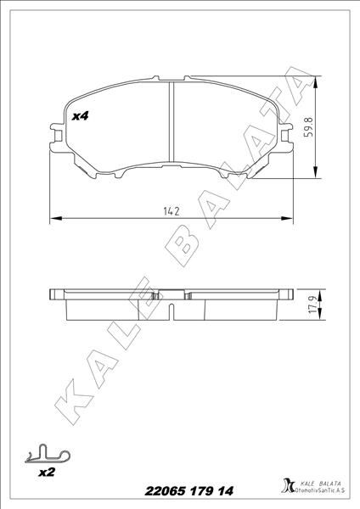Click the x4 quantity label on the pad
[x=82, y=115]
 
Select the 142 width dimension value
[x=172, y=210]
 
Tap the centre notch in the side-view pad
[x=172, y=298]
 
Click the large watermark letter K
[x=68, y=403]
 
